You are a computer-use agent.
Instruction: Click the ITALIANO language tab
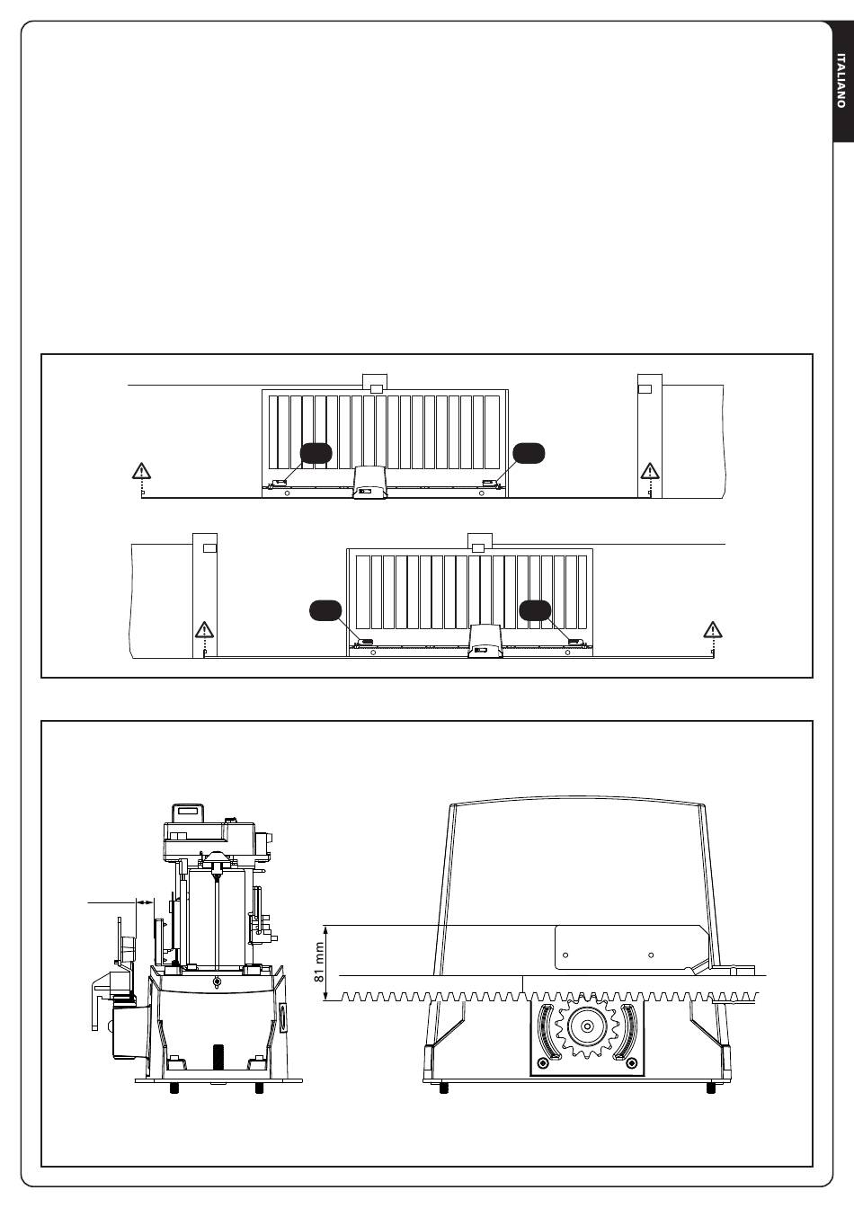click(x=842, y=81)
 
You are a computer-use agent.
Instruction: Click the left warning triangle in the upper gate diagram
click(x=141, y=471)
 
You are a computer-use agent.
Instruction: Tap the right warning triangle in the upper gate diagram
click(x=650, y=471)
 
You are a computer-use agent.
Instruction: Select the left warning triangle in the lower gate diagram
click(x=204, y=630)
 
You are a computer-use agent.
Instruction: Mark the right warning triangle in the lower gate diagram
click(x=713, y=630)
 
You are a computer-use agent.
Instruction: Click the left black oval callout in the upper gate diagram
click(x=316, y=454)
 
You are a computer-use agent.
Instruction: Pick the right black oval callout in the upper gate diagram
click(x=529, y=454)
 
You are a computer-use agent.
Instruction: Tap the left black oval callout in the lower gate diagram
click(x=325, y=610)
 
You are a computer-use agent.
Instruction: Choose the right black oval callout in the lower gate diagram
click(x=535, y=610)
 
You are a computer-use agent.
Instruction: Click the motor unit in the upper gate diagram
click(x=370, y=483)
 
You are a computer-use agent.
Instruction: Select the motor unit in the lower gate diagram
click(x=485, y=641)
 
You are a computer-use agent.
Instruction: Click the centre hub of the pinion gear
click(x=587, y=1026)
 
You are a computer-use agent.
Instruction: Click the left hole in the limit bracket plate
click(x=565, y=955)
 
